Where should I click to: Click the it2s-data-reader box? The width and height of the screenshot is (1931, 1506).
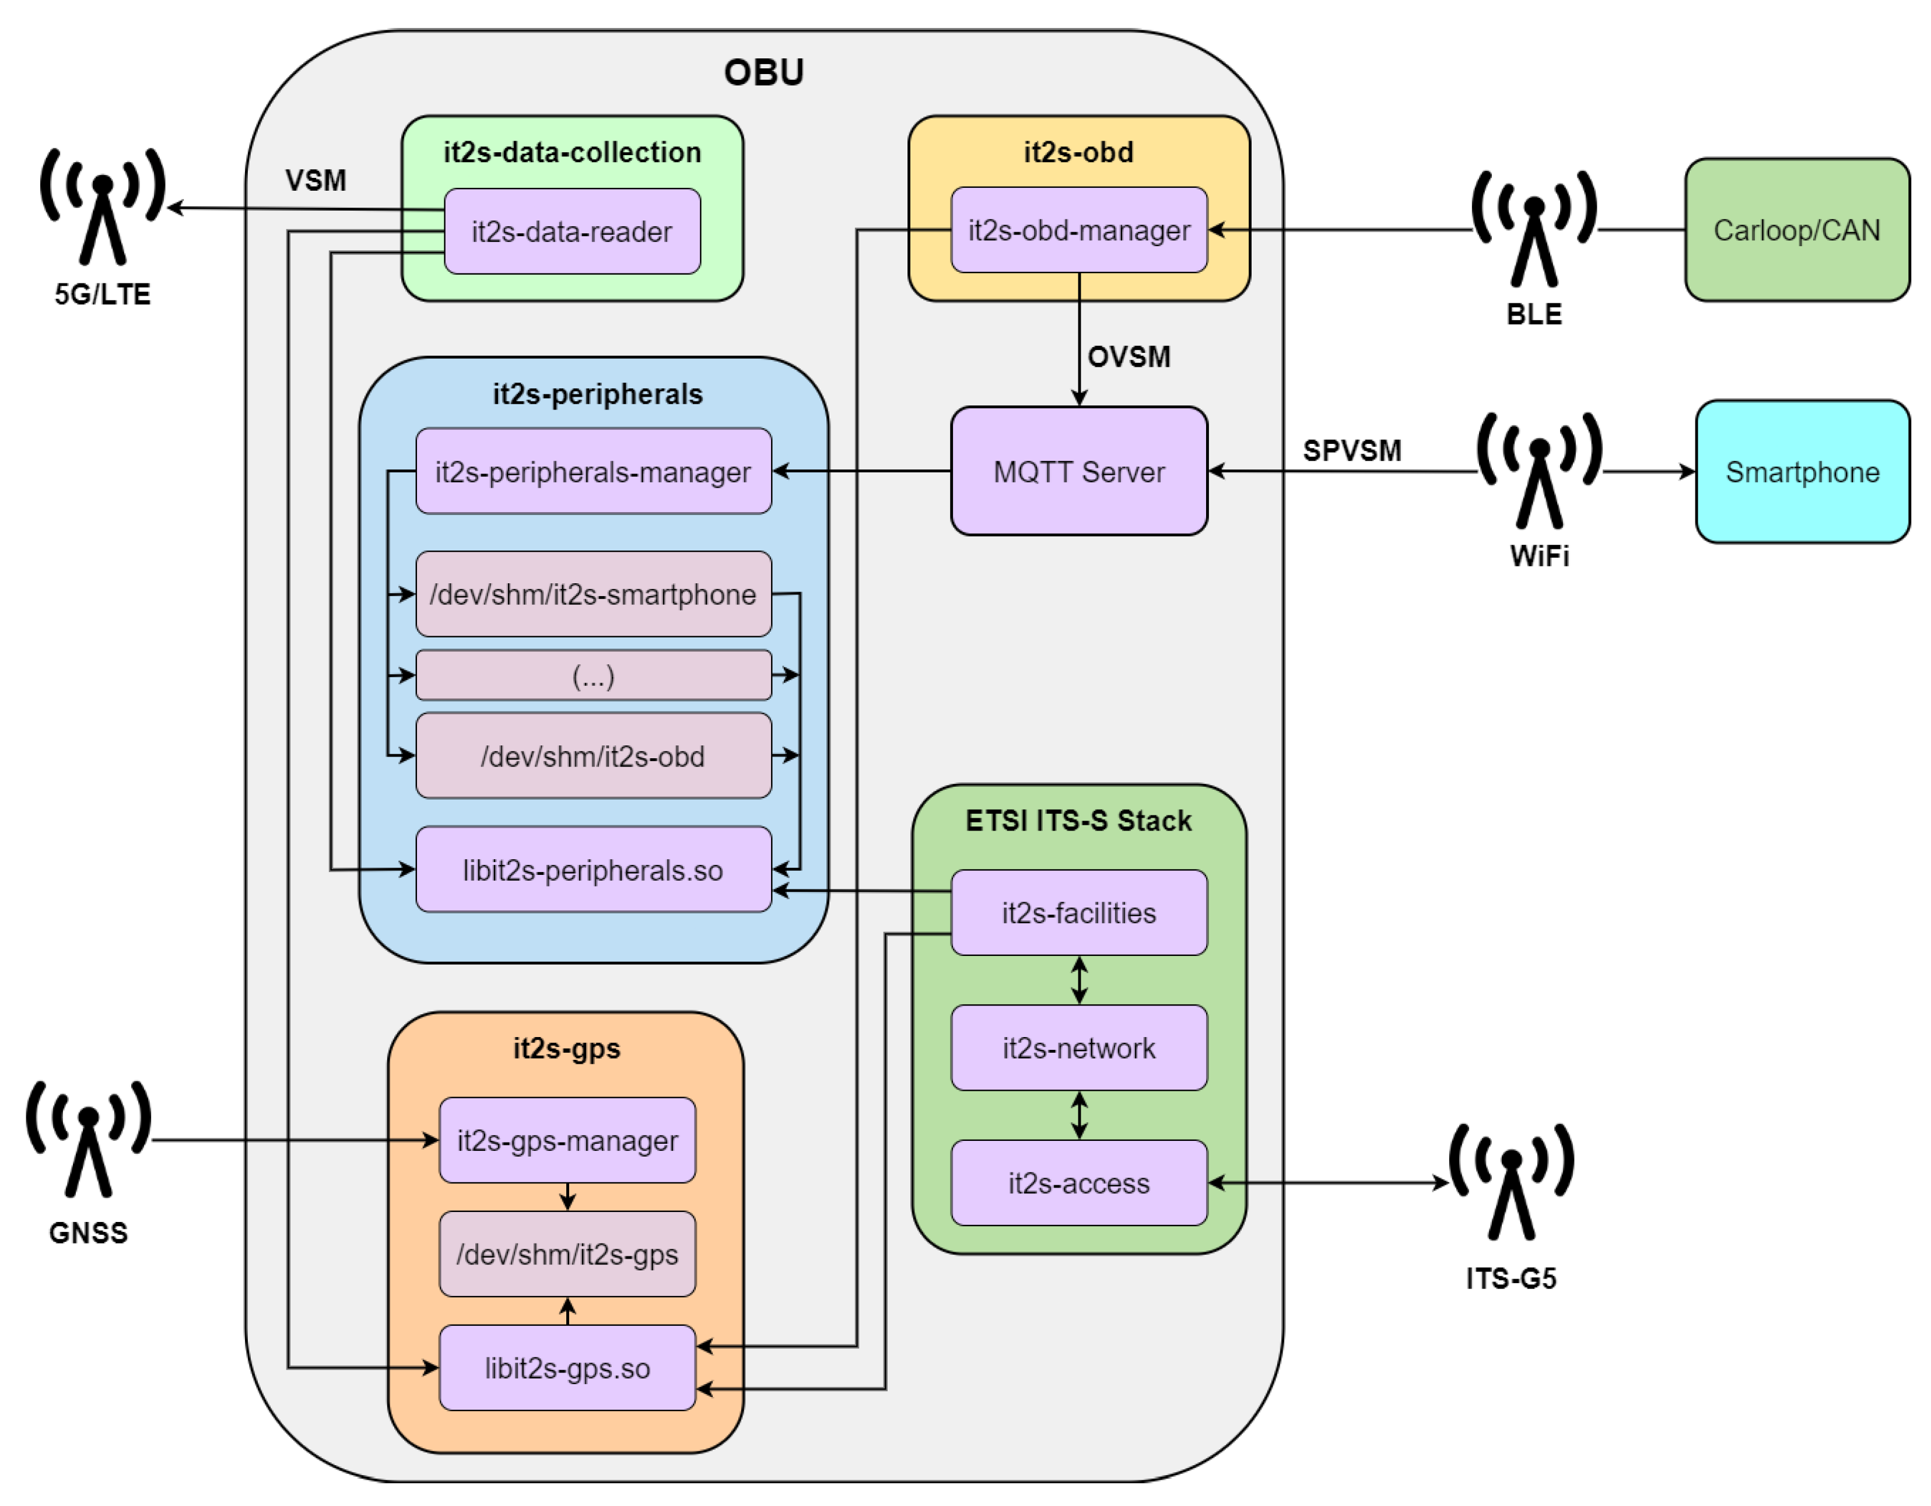point(572,232)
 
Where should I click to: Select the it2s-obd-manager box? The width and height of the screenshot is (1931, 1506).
point(1079,230)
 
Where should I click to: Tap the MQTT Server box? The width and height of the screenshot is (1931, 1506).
point(1079,471)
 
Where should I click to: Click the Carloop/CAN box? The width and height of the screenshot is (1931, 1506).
point(1797,230)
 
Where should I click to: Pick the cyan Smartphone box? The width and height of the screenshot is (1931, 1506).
point(1802,471)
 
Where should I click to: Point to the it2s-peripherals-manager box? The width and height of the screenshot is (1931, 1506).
point(593,471)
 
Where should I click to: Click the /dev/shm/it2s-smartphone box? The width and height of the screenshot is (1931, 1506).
point(593,594)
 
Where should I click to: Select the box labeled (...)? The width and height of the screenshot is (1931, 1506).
point(593,675)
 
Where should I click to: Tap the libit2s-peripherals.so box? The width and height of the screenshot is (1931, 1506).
point(593,870)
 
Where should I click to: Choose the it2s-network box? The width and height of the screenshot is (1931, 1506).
point(1079,1048)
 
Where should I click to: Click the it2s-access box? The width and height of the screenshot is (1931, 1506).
point(1079,1183)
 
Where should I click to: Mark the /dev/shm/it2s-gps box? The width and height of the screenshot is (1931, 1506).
point(567,1254)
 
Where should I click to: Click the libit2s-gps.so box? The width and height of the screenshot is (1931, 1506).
point(567,1368)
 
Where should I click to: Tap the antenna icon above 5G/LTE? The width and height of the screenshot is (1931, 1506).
point(103,208)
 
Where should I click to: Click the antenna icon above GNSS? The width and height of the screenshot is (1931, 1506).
point(89,1141)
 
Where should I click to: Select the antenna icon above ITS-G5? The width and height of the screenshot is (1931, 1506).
point(1511,1183)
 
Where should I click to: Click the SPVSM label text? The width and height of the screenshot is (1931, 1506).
point(1352,450)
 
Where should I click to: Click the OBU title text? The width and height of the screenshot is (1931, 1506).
point(764,72)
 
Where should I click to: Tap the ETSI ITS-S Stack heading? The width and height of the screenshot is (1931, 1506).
point(1079,821)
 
